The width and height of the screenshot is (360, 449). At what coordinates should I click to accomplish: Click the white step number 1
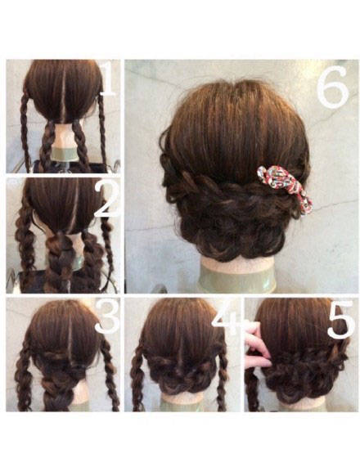click(x=109, y=79)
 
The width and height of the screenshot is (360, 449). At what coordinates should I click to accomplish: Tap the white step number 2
click(x=107, y=199)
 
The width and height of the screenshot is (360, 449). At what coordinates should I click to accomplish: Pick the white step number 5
click(x=341, y=320)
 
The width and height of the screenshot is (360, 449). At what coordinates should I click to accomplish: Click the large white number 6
click(x=333, y=86)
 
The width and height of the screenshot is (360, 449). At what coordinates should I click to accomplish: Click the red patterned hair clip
click(x=285, y=188)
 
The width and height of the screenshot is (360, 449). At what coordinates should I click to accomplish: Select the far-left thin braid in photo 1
click(x=25, y=132)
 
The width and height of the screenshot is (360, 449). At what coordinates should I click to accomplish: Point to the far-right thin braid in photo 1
click(x=102, y=132)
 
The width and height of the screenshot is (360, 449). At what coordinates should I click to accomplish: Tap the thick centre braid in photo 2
click(x=60, y=261)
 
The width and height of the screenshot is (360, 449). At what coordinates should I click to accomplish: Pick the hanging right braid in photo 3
click(x=111, y=375)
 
